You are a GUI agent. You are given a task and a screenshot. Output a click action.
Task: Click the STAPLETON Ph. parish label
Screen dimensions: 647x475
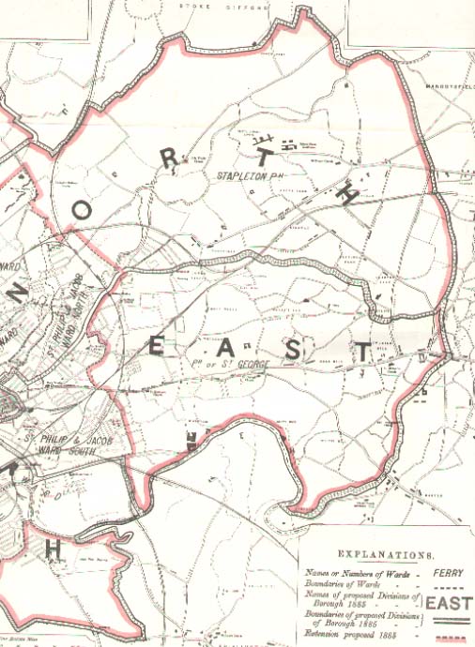pyautogui.click(x=250, y=175)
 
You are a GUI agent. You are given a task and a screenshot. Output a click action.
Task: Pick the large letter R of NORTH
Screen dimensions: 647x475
pyautogui.click(x=169, y=159)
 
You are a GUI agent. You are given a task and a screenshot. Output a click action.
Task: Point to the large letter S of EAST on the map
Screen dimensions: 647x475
pyautogui.click(x=294, y=350)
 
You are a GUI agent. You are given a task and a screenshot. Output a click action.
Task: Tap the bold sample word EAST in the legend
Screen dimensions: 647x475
pyautogui.click(x=449, y=604)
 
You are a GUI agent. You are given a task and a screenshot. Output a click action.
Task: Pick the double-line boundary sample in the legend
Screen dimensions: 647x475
pyautogui.click(x=449, y=620)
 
